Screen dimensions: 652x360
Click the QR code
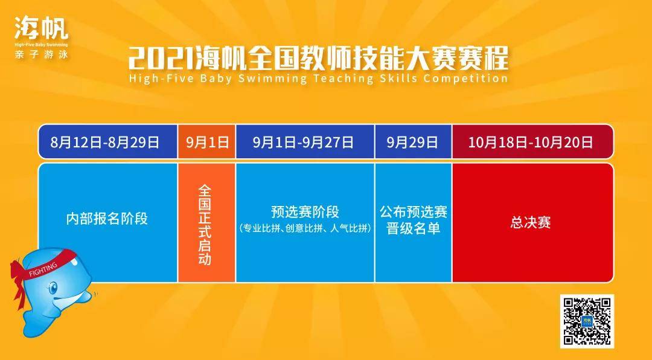coord(587,321)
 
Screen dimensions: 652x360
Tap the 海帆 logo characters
coord(41,28)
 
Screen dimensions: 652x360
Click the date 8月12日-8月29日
coord(105,143)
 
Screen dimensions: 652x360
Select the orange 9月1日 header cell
coord(206,142)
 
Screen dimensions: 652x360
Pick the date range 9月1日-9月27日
coord(304,143)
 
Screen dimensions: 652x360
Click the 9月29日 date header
coord(412,143)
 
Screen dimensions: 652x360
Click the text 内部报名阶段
coord(107,219)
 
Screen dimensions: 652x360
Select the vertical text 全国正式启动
coord(205,225)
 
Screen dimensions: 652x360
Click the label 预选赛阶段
coord(305,212)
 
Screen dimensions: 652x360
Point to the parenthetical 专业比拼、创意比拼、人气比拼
coord(305,228)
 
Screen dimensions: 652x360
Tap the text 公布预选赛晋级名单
coord(414,220)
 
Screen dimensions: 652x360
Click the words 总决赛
coord(531,223)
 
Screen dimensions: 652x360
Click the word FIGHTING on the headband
coord(43,270)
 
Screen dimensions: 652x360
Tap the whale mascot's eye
coord(53,288)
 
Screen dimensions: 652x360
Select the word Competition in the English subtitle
coord(465,79)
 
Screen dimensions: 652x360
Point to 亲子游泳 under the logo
coord(41,54)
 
